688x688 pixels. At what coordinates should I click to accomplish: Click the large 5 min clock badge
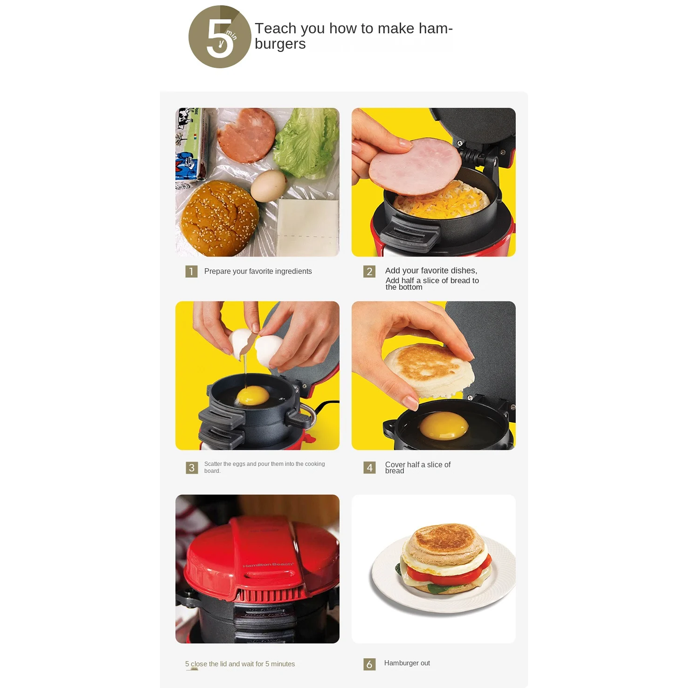click(x=220, y=37)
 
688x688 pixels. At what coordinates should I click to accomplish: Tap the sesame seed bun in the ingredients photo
click(x=220, y=218)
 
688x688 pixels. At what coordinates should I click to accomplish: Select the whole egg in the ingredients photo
click(x=268, y=185)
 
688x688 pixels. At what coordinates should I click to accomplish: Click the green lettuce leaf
click(x=307, y=144)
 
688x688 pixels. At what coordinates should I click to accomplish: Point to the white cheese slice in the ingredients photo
click(x=308, y=227)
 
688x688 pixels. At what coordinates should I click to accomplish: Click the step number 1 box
click(x=191, y=271)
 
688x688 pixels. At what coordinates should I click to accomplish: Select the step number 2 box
click(x=369, y=271)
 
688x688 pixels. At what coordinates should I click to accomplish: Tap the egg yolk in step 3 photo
click(x=253, y=397)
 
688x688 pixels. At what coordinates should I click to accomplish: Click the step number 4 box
click(x=369, y=468)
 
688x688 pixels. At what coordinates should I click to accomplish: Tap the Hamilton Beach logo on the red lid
click(x=268, y=565)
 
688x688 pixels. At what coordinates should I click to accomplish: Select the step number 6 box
click(x=369, y=664)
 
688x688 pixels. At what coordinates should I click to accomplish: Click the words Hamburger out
click(x=407, y=663)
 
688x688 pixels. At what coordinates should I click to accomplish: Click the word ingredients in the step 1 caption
click(x=294, y=271)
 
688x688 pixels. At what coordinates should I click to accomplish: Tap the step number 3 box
click(x=192, y=468)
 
